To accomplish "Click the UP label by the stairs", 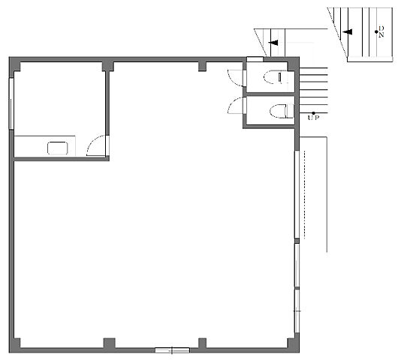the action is tap(313, 118).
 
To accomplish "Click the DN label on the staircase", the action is tap(381, 31).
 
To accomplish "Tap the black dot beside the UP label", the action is tap(313, 113).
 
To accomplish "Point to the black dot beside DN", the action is tap(376, 31).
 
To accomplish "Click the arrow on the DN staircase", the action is tap(347, 32).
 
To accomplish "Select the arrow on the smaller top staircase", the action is tap(273, 43).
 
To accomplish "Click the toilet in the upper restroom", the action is tap(276, 77).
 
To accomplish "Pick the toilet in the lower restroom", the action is tap(282, 111).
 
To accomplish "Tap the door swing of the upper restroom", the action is tap(235, 77).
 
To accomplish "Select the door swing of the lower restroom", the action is tap(235, 105).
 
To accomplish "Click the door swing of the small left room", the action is tap(96, 145).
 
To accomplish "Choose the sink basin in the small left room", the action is tap(58, 148).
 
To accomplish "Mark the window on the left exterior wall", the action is tap(11, 103).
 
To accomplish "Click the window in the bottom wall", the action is tap(173, 350).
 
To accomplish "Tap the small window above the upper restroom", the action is tap(255, 59).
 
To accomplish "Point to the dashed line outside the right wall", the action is tap(305, 195).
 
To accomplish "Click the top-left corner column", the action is tap(14, 64).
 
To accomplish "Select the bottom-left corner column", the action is tap(14, 345).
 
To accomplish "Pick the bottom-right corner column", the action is tap(294, 345).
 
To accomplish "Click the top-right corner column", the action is tap(294, 64).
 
